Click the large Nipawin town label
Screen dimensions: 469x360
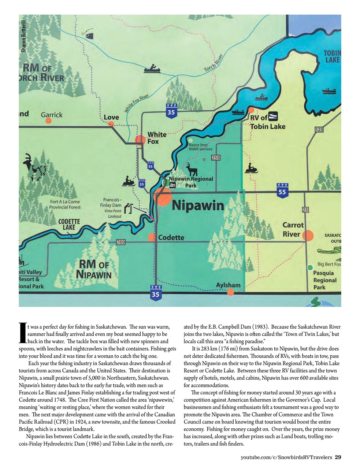(198, 205)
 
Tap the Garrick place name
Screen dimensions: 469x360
(52, 115)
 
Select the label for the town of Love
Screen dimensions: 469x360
(111, 117)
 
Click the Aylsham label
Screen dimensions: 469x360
(228, 285)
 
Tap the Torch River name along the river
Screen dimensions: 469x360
(214, 63)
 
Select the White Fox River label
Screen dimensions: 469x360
(136, 103)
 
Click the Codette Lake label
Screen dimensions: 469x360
(69, 224)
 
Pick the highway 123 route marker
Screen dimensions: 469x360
(319, 129)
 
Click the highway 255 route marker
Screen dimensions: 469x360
(216, 158)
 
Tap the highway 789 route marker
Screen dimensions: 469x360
(120, 242)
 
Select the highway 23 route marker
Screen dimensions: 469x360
(305, 210)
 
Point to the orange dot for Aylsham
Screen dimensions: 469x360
(230, 292)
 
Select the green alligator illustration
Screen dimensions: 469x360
(329, 251)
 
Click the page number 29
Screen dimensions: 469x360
(338, 457)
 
